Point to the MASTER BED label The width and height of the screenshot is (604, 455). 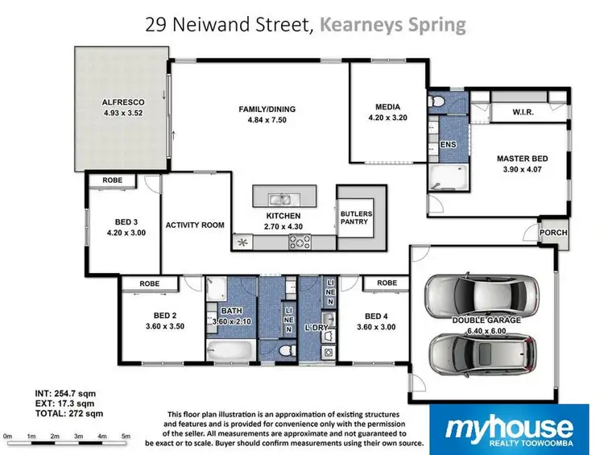click(523, 159)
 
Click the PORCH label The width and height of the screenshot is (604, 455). click(554, 233)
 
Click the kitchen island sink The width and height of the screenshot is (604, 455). click(280, 198)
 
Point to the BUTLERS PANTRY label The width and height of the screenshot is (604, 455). click(355, 218)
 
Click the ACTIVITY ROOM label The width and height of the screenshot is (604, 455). click(194, 225)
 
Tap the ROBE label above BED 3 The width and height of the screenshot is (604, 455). click(113, 180)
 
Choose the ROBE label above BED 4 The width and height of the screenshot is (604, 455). click(387, 283)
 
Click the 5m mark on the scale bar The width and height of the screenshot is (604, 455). click(126, 436)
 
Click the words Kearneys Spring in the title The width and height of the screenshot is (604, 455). click(391, 24)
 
